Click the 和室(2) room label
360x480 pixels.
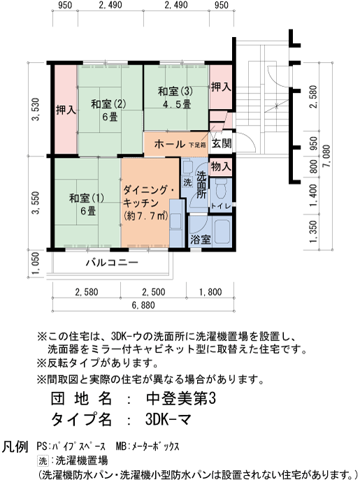point(108,105)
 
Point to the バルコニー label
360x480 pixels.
point(112,263)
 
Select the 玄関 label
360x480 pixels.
point(222,144)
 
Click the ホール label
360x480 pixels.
point(169,145)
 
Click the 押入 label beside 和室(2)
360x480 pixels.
point(66,110)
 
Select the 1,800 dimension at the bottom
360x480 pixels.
point(209,291)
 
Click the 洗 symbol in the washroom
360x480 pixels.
point(187,182)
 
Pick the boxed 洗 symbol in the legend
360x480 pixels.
point(43,460)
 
